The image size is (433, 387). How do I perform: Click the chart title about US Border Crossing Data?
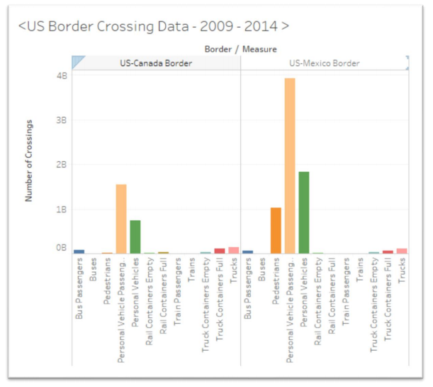[x=153, y=27]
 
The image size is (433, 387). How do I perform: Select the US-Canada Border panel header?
[x=156, y=63]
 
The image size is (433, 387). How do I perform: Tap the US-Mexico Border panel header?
[x=324, y=63]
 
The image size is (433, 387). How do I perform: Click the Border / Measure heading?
[x=240, y=49]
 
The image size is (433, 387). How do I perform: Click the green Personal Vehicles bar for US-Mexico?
[x=304, y=212]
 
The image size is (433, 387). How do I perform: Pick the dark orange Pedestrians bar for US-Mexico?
[x=276, y=230]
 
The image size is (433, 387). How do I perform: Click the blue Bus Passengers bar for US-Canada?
[x=79, y=251]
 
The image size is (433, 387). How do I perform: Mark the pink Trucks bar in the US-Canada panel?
[x=234, y=250]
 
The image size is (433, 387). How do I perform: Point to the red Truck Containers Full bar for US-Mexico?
[x=388, y=251]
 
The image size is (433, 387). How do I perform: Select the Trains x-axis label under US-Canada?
[x=191, y=271]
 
